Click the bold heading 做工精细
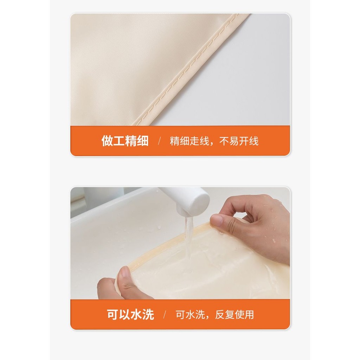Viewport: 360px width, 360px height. point(125,141)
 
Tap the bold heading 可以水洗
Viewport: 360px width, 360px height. point(130,314)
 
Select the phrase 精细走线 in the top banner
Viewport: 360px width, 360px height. point(189,141)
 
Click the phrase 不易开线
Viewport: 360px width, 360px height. point(239,141)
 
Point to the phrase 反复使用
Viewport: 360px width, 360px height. point(234,315)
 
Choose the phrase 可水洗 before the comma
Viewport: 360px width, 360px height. point(190,315)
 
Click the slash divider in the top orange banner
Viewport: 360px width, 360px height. point(159,141)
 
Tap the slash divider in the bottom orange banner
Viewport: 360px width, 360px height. point(165,315)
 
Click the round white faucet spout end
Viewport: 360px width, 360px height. point(199,203)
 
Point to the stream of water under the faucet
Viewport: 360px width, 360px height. point(189,239)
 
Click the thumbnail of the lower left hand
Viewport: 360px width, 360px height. point(125,272)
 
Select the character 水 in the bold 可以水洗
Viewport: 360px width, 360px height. point(136,314)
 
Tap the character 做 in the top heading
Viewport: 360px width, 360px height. point(107,141)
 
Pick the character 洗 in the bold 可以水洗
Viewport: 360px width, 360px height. point(148,314)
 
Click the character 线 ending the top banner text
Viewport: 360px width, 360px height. point(254,141)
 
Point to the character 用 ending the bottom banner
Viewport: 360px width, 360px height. point(249,315)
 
